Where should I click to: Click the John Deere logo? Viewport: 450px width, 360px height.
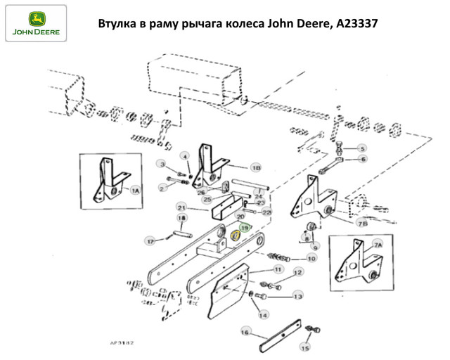(34, 23)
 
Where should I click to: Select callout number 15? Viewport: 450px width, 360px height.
(305, 347)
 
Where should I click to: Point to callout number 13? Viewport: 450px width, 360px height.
(297, 296)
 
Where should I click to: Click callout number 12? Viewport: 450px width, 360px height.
(297, 272)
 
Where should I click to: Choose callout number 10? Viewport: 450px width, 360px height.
(311, 258)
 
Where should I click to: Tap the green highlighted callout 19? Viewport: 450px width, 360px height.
(245, 228)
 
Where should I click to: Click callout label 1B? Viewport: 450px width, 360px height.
(256, 169)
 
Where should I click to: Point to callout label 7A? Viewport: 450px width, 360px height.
(378, 245)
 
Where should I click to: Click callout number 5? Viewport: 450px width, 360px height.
(363, 148)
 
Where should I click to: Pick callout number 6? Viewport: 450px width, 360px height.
(363, 160)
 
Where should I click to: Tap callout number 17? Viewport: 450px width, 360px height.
(150, 241)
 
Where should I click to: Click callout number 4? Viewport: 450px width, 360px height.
(186, 155)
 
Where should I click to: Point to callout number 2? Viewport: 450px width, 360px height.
(162, 188)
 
